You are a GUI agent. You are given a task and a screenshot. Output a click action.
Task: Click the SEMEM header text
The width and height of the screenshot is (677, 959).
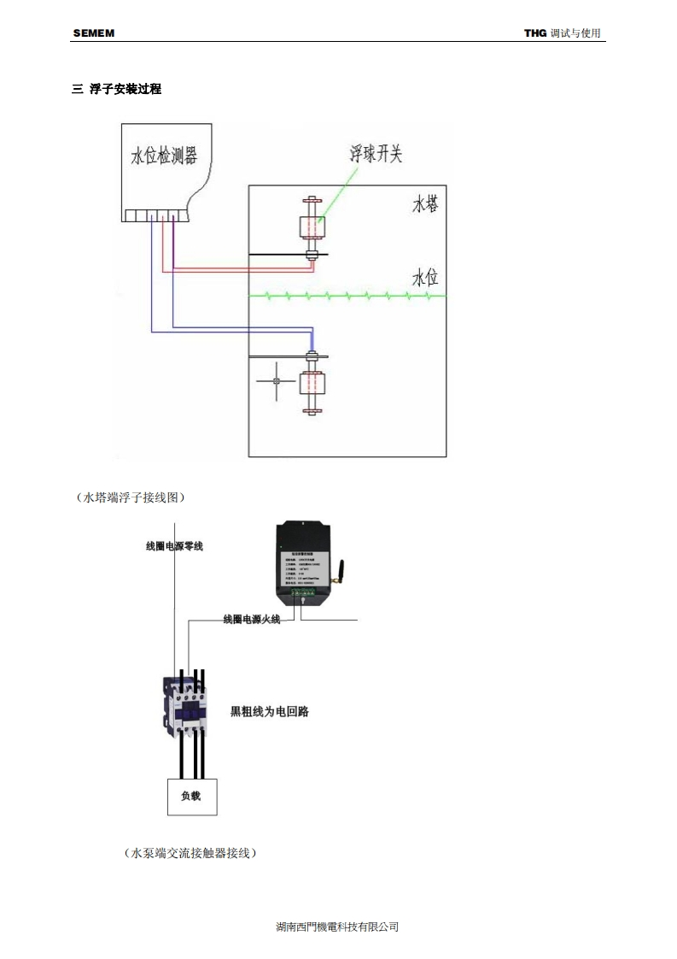93,33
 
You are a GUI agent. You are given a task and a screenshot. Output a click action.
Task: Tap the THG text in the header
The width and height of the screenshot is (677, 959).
534,33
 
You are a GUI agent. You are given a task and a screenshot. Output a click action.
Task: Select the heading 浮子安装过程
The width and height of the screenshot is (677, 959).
125,89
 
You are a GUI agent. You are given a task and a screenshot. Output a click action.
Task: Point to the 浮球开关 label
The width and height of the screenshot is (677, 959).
375,154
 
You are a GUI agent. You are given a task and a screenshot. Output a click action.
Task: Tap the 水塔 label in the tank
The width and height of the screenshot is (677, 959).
425,204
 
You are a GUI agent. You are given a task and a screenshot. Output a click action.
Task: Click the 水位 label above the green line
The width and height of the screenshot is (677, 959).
425,279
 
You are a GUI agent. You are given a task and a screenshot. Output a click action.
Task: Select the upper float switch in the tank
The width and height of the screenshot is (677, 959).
311,227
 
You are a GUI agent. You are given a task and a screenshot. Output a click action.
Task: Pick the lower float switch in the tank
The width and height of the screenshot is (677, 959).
311,383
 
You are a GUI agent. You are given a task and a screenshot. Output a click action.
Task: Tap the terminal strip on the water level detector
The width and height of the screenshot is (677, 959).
155,215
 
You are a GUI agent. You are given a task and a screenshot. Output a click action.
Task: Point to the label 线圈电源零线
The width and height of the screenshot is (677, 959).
175,545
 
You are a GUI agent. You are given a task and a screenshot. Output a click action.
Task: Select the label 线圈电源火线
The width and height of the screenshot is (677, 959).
251,619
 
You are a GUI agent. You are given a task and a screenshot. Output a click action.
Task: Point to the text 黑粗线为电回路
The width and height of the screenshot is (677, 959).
270,711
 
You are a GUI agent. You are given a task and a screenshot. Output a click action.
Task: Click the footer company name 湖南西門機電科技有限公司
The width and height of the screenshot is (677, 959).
338,927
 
